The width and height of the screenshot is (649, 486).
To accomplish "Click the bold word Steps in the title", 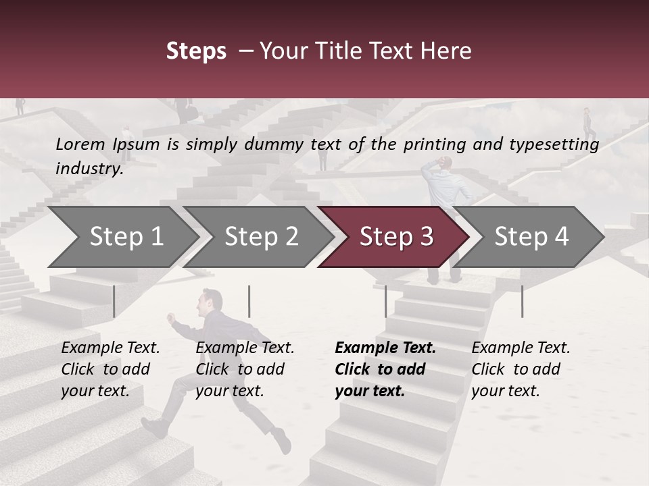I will coord(196,51).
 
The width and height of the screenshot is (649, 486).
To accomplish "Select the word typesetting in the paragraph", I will coord(554,144).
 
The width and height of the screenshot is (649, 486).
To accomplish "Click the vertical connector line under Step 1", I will coord(114,301).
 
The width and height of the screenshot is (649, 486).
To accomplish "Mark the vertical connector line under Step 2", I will coord(249,301).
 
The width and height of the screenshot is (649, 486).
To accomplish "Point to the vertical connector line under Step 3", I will coord(385,301).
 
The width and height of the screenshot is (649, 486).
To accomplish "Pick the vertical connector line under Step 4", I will coord(522,301).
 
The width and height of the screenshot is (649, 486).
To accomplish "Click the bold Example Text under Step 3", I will coord(385,348).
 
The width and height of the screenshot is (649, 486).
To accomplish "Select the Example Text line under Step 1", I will coord(110,348).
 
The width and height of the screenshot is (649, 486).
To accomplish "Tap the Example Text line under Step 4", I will coord(521,348).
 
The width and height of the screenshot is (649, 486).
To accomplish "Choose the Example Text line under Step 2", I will coord(245,348).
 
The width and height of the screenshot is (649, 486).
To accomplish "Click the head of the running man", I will coord(212,300).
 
